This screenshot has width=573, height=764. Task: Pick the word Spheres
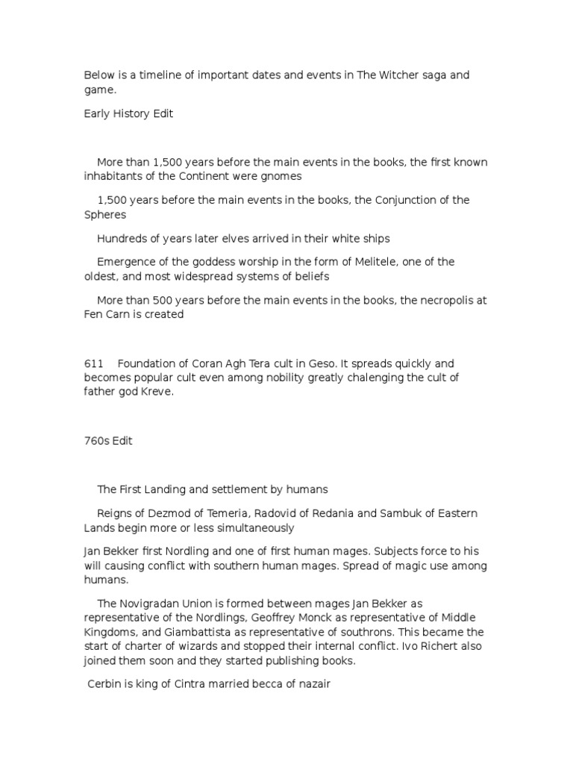105,215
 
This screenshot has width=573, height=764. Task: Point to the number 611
93,363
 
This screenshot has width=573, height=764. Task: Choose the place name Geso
307,363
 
